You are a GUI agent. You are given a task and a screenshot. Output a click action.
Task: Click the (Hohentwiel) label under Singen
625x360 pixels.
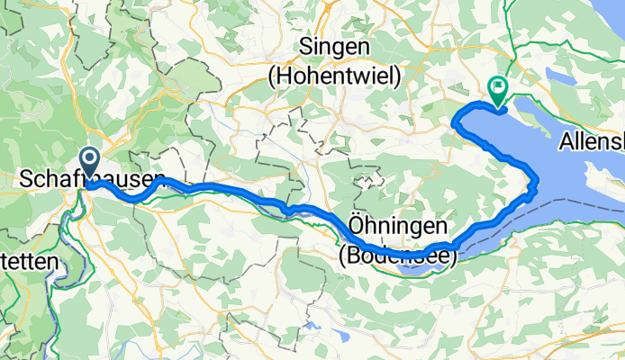334,78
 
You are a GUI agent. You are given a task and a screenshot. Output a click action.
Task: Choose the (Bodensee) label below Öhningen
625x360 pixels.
397,256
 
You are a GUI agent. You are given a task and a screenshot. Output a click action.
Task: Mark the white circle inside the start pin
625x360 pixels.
90,160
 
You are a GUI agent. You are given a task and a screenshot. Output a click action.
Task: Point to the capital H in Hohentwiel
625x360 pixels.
287,78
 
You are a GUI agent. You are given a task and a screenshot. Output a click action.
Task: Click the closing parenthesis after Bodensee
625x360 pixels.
453,256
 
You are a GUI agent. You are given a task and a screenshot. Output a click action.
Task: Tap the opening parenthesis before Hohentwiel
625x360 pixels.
273,78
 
